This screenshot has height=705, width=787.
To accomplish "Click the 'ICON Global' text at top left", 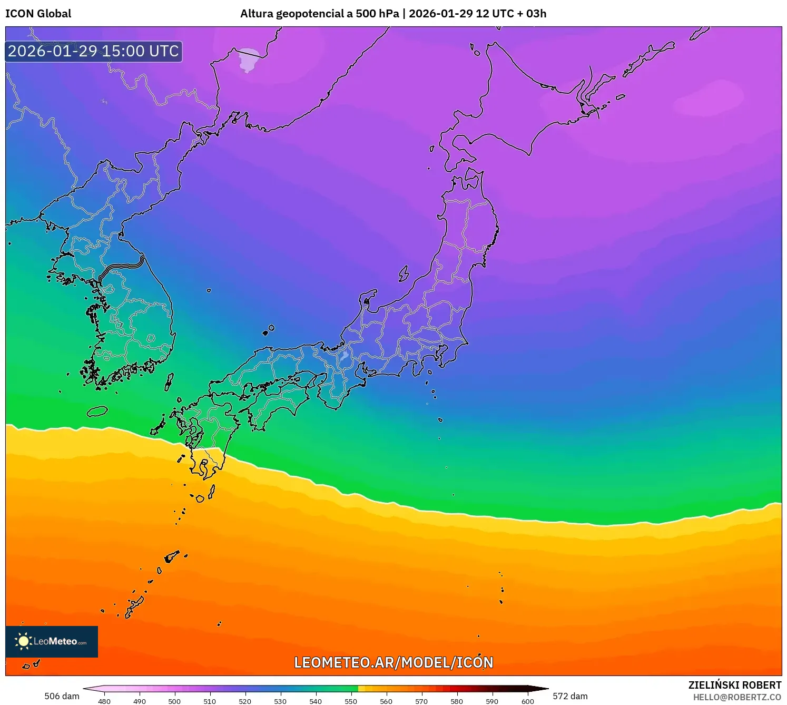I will (x=38, y=14).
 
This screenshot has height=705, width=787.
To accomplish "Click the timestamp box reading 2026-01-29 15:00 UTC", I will (x=94, y=51).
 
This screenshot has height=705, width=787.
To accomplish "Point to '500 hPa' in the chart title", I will (x=377, y=14).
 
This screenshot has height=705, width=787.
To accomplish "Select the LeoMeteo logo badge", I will (x=52, y=641).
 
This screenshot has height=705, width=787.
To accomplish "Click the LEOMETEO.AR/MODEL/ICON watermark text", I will (x=393, y=662).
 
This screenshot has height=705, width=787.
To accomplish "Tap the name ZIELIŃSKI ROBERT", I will (x=735, y=685).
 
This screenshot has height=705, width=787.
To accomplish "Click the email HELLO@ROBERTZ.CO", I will (x=737, y=697).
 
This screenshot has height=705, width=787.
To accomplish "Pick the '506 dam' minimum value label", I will (x=62, y=696).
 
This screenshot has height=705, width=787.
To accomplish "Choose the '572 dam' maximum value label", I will (x=570, y=696).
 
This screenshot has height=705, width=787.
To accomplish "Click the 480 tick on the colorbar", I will (x=104, y=701).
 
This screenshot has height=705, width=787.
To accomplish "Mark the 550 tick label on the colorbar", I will (x=351, y=701).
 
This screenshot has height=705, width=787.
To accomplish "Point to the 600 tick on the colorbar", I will (x=527, y=701).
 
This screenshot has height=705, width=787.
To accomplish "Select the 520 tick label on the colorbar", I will (x=245, y=701).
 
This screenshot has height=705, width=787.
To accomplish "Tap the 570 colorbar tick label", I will (x=421, y=701).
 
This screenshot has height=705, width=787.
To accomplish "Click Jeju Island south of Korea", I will (x=97, y=412).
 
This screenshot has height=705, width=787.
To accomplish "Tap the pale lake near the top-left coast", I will (x=248, y=60).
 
